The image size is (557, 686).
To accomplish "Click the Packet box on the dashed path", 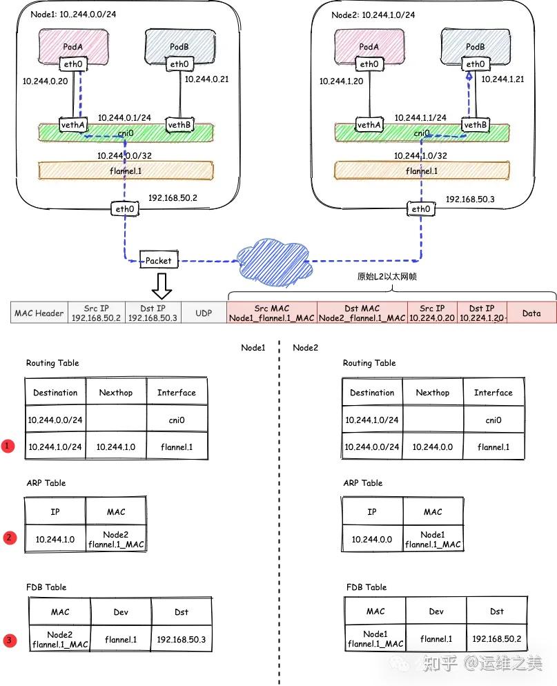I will tap(159, 260).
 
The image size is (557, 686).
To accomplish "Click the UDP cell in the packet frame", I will tap(204, 313).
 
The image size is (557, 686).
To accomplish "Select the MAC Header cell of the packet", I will tap(39, 313).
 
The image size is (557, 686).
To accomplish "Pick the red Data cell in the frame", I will tap(531, 313).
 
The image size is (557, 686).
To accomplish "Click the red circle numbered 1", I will tap(8, 447).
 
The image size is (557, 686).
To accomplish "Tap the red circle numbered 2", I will tap(8, 537).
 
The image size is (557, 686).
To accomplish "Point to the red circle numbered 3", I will tap(8, 641).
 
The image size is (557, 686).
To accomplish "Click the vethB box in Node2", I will tap(475, 125).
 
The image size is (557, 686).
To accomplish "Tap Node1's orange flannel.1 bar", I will tap(126, 170).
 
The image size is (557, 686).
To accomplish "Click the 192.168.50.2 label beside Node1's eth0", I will tap(173, 197).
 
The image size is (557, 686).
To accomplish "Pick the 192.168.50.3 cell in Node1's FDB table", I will tap(181, 640).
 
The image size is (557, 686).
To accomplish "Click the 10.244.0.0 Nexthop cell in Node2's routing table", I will tap(433, 447).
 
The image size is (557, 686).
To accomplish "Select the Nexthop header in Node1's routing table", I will tap(116, 393).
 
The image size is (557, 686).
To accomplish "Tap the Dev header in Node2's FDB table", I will tap(436, 611).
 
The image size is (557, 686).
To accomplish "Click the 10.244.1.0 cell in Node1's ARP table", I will tap(55, 538).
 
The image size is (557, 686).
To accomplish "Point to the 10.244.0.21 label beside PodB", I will tap(206, 79).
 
